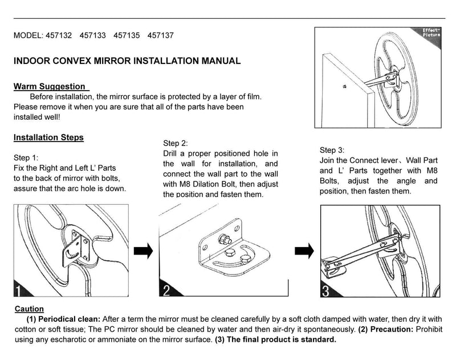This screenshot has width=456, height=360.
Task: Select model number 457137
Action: [x=161, y=35]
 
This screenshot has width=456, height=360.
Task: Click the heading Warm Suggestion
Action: [x=50, y=87]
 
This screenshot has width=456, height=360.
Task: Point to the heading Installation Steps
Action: [x=48, y=137]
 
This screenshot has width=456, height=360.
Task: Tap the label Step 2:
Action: [x=175, y=143]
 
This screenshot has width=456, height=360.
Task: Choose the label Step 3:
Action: [x=332, y=149]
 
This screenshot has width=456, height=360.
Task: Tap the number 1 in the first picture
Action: [x=19, y=292]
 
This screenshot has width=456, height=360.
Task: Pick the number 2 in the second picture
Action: [x=166, y=292]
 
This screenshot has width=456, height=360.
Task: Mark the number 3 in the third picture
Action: [x=325, y=292]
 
